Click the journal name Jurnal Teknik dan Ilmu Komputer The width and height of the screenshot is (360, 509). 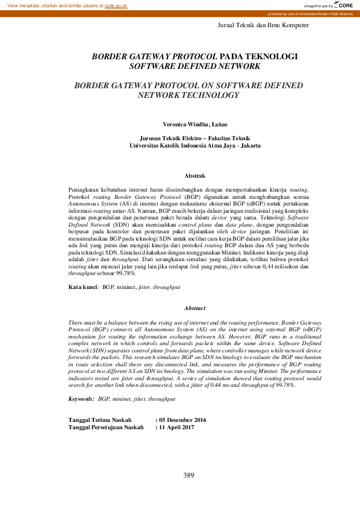coord(263,25)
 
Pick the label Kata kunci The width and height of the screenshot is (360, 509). coord(83,288)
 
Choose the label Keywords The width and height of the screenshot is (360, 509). coord(81,382)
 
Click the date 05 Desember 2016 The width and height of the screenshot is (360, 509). coord(183,403)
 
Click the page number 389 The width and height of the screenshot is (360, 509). coord(189,476)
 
